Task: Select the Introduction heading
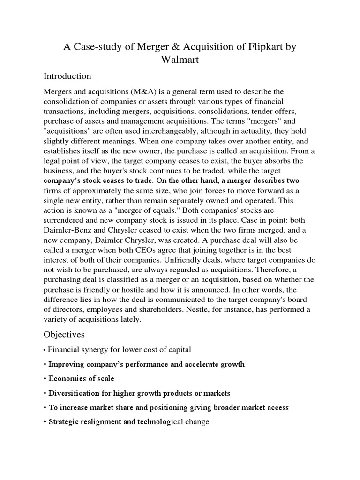[x=67, y=76]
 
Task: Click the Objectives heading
[x=65, y=334]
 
